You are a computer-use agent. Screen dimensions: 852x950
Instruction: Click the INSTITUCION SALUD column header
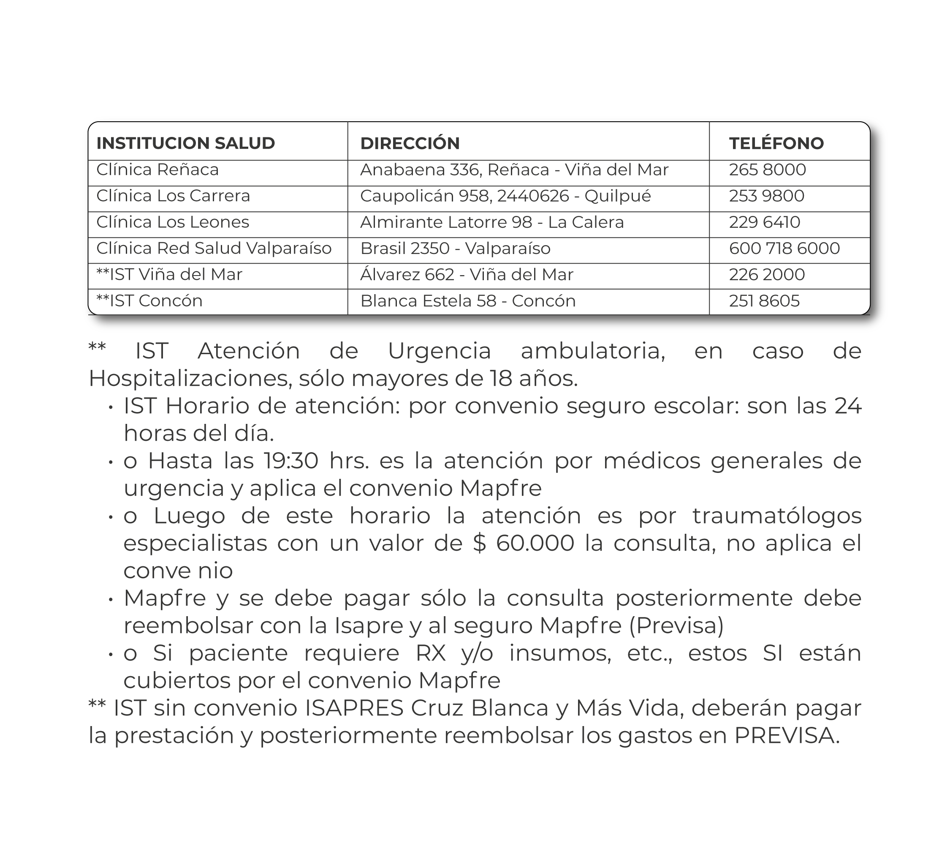click(x=185, y=143)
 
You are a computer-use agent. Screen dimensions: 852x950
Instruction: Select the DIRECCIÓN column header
click(x=410, y=143)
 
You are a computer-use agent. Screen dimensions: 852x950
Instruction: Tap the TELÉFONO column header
click(x=776, y=143)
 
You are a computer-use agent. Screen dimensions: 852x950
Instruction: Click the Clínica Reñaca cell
click(x=157, y=169)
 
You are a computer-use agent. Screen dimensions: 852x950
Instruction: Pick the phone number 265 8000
click(x=767, y=169)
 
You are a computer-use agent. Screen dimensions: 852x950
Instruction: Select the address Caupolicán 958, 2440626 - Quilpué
click(x=505, y=196)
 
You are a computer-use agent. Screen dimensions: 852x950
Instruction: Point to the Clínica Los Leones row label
click(x=173, y=222)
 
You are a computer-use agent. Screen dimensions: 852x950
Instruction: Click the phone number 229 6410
click(x=764, y=222)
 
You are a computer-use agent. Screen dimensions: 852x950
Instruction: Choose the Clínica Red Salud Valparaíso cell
click(x=214, y=248)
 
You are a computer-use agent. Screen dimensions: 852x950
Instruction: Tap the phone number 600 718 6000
click(x=784, y=248)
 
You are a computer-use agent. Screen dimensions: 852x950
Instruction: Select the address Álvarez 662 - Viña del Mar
click(x=467, y=274)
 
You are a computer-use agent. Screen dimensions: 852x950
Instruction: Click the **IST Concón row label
click(x=149, y=300)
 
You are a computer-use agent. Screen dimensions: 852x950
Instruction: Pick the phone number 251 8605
click(x=764, y=300)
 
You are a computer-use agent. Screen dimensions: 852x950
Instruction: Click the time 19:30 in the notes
click(x=291, y=461)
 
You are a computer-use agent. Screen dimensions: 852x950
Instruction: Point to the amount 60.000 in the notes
click(x=535, y=543)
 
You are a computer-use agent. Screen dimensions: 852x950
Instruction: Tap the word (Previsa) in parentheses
click(x=676, y=626)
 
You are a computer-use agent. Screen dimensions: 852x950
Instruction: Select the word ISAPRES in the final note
click(x=354, y=708)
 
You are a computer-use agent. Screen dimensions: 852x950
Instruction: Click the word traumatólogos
click(x=776, y=516)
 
